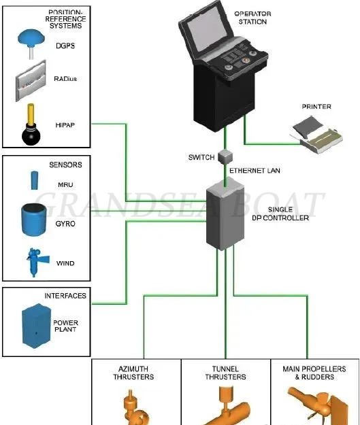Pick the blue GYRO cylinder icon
point(32,220)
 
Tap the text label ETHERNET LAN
point(255,170)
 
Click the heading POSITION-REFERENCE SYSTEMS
point(65,20)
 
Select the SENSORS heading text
point(65,165)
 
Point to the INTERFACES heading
point(65,296)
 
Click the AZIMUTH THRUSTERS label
point(136,373)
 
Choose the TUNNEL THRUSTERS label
point(225,373)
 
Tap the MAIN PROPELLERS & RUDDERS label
point(314,373)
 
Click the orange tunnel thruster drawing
point(225,408)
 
